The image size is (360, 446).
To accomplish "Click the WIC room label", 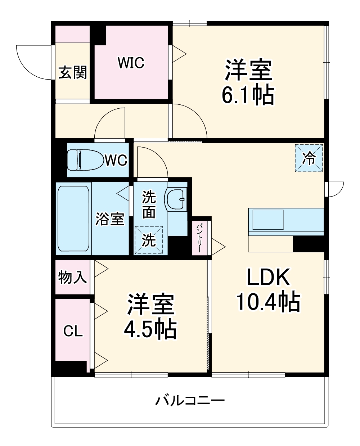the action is (x=131, y=62).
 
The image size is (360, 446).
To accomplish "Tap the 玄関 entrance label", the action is (x=72, y=72).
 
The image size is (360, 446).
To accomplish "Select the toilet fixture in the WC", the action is (x=85, y=160).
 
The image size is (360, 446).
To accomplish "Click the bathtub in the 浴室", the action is (x=73, y=219).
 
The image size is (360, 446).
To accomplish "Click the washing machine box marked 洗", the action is (x=149, y=240).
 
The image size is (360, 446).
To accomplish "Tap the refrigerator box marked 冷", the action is (x=309, y=158).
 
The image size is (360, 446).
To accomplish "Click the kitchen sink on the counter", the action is (x=268, y=220).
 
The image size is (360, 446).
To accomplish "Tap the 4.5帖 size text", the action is (x=150, y=329).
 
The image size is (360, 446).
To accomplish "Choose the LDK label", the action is (x=269, y=277).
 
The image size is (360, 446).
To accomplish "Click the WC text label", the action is (x=116, y=160).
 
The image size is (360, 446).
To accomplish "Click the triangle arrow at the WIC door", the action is (x=179, y=54).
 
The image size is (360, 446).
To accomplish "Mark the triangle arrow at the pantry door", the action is (x=219, y=247).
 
